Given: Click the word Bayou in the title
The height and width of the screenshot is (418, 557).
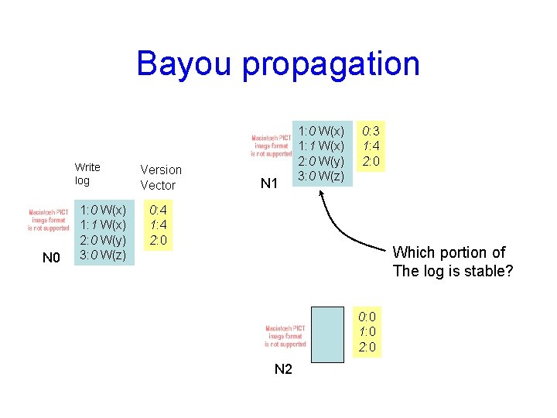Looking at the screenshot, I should (184, 63).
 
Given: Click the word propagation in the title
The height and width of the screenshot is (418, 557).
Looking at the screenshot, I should (331, 65).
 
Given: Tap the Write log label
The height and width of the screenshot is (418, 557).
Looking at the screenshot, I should (87, 174).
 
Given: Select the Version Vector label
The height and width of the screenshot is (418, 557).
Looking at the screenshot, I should (161, 177).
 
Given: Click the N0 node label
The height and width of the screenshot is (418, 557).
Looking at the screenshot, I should (51, 258).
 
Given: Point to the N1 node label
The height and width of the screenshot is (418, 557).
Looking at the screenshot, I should (269, 183).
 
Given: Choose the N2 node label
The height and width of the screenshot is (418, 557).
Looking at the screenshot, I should (283, 369).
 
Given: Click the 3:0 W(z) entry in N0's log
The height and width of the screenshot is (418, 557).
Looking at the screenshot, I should (103, 255).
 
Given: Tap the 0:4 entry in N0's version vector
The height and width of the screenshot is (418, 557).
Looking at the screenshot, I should (158, 210).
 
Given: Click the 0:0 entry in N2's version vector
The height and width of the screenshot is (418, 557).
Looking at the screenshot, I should (367, 316).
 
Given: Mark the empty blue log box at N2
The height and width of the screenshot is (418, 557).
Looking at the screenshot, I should (326, 334).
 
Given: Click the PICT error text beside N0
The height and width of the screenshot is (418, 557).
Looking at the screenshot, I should (49, 220).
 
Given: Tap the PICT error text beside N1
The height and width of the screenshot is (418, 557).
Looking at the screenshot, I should (272, 146).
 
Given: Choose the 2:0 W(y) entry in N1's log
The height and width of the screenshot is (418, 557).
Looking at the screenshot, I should (323, 160).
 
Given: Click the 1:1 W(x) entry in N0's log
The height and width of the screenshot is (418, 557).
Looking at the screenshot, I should (103, 224).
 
